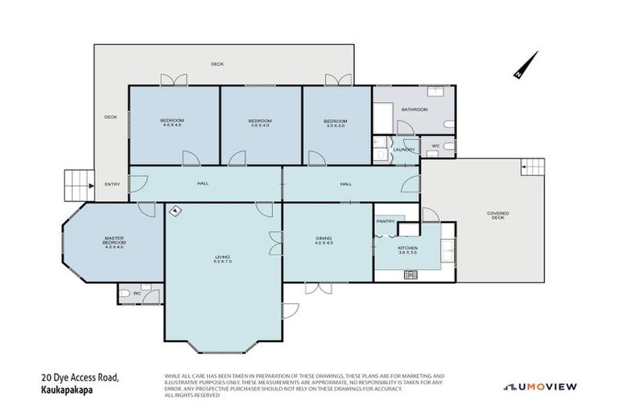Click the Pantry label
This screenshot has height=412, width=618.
pos(385,220)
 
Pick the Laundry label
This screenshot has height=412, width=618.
pos(404,149)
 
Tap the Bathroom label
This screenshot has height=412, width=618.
pos(414,109)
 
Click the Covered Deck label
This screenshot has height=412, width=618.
pos(498,215)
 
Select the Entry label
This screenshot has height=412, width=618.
pos(113,184)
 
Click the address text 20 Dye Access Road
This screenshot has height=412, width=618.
pos(80,376)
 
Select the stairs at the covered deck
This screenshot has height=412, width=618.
pos(532,167)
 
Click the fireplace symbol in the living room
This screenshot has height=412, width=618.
pos(175,212)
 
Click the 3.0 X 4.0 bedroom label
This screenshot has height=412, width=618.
pos(335,123)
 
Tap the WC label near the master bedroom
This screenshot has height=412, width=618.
pos(138,293)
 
